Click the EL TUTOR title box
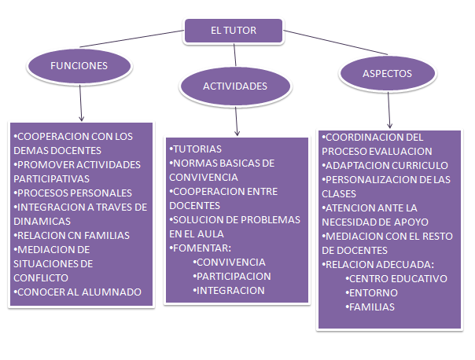point(234,31)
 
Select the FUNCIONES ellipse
point(79,66)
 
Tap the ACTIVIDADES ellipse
point(235,86)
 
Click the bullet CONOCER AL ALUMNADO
point(79,292)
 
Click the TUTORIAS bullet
point(197,149)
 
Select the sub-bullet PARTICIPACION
point(233,276)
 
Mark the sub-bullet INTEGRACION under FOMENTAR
point(230,290)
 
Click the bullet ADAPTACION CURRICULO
point(386,165)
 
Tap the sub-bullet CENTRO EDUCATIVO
point(397,278)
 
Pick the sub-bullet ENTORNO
point(373,292)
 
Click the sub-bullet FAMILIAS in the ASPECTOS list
point(371,307)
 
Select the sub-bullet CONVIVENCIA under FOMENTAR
point(230,262)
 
